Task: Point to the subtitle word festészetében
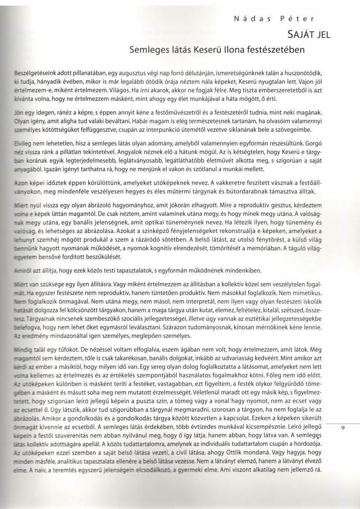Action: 277,50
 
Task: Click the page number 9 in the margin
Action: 343,428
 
